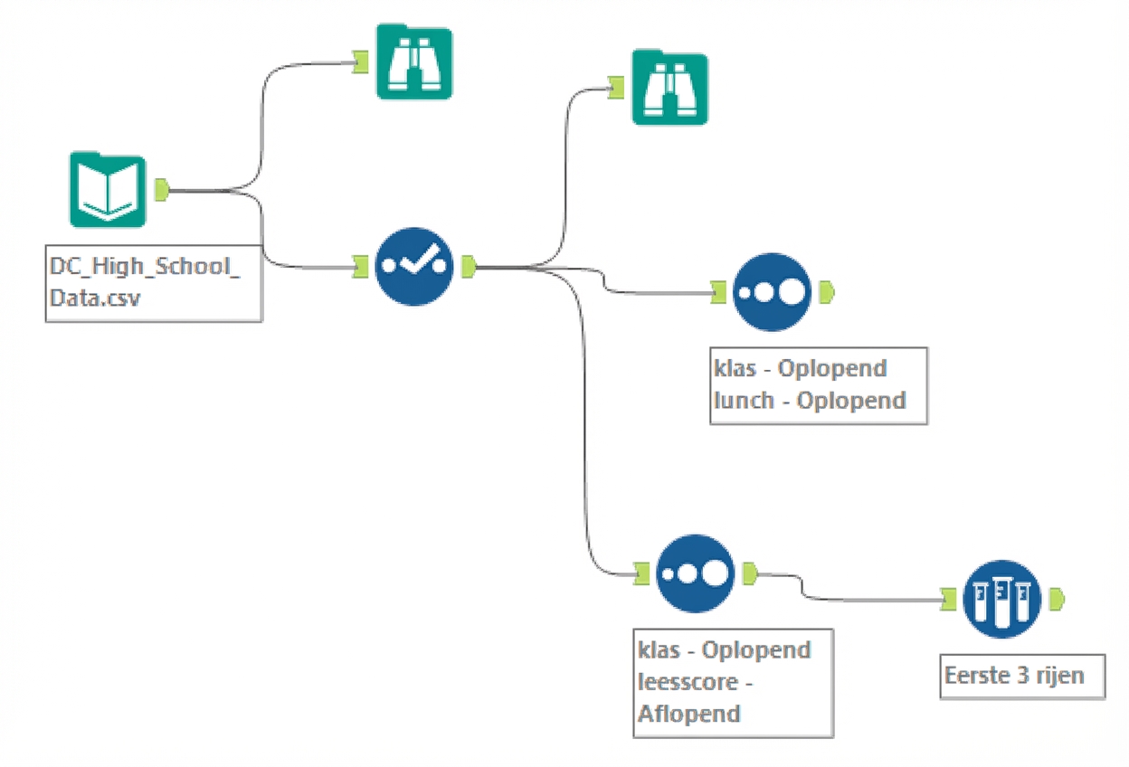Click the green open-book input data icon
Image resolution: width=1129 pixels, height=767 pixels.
click(107, 190)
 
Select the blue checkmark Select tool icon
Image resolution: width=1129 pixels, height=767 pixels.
click(413, 266)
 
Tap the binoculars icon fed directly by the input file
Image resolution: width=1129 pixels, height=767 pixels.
click(413, 62)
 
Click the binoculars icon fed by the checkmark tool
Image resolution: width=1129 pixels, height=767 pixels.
click(669, 88)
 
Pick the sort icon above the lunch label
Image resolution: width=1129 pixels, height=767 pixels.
click(770, 292)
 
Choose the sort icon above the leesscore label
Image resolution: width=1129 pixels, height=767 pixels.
click(694, 573)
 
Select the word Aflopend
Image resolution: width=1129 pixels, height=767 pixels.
click(690, 714)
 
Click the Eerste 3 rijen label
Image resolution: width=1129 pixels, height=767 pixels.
click(1014, 675)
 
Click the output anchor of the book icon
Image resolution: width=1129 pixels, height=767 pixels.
click(162, 190)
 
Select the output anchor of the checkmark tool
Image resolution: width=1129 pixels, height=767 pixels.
click(468, 266)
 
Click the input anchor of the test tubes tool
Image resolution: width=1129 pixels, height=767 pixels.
click(947, 598)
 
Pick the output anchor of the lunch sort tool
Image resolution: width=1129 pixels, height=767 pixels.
click(826, 292)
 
